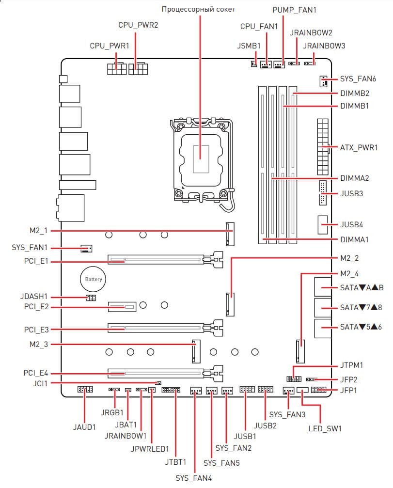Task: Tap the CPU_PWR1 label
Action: pos(110,46)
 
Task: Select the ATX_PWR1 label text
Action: pos(359,147)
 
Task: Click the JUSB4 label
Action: pos(352,225)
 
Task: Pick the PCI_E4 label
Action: pos(35,374)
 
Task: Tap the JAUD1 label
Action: pos(85,427)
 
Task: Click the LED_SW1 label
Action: pos(325,428)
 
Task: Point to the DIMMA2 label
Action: pos(355,178)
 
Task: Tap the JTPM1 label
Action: pos(352,365)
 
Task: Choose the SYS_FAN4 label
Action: pos(193,478)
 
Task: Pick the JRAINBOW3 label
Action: pos(324,46)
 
